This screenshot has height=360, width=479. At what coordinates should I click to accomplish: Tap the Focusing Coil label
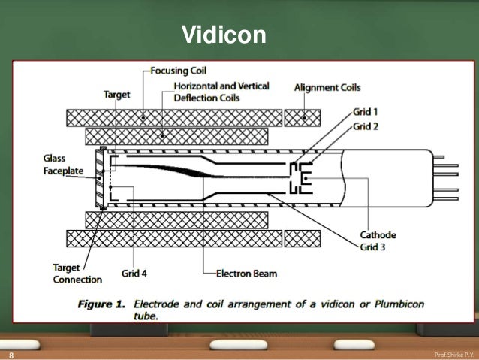coord(178,71)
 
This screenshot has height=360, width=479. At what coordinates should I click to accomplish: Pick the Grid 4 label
coord(134,273)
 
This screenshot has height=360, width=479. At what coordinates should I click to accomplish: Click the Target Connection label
coord(77,274)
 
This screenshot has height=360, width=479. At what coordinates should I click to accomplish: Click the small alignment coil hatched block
coord(303,118)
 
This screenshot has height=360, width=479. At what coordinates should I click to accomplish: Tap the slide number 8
coord(11,353)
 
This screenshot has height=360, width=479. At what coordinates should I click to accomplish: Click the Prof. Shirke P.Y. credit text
coord(453,353)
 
